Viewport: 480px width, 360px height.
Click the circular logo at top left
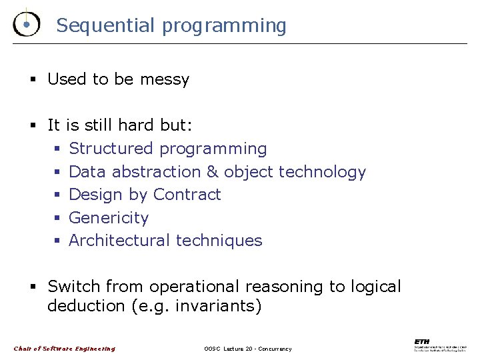point(25,24)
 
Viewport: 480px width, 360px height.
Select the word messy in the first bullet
point(165,79)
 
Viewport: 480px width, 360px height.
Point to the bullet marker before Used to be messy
point(31,79)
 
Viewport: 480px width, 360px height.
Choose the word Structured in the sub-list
point(111,148)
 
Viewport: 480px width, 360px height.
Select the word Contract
point(187,194)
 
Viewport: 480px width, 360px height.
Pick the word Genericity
point(109,218)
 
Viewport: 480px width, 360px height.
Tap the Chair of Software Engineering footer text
point(65,349)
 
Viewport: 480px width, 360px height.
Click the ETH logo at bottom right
point(440,345)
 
